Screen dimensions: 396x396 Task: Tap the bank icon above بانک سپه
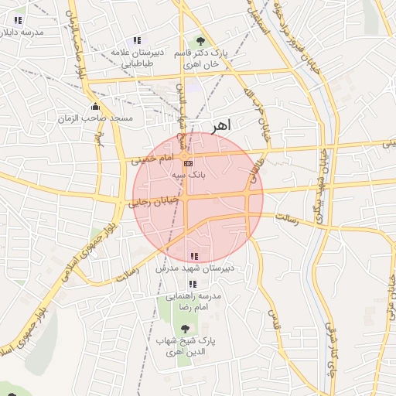[x=188, y=163]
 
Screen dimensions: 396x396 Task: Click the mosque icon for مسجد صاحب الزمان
[x=95, y=107]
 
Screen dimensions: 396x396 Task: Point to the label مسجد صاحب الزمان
[x=96, y=118]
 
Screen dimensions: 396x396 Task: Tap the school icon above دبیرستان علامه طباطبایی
[x=137, y=40]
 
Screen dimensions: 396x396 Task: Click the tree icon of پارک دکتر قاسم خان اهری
[x=200, y=40]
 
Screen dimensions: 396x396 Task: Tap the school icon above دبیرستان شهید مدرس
[x=193, y=256]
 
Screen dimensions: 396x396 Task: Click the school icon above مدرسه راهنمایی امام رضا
[x=193, y=284]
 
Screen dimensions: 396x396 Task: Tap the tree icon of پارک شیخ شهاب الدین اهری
[x=184, y=329]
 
